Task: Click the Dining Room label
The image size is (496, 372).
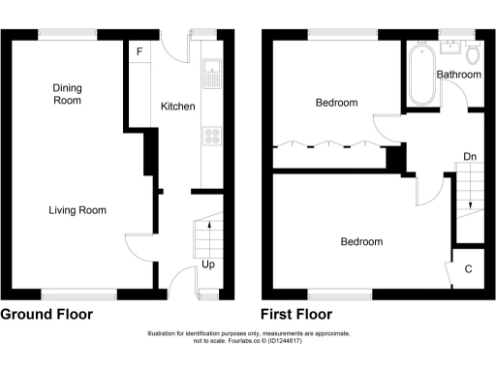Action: [67, 94]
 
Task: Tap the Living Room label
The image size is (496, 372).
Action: [77, 210]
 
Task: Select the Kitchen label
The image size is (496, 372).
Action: [177, 107]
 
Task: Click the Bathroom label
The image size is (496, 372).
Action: [458, 75]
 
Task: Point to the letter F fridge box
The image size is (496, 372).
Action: [139, 50]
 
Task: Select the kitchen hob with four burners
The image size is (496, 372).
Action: [210, 137]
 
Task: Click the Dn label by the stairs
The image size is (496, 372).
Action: [469, 156]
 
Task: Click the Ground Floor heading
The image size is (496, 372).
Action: [46, 315]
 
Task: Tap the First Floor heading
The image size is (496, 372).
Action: [296, 315]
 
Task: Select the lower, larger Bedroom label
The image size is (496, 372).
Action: [361, 242]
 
